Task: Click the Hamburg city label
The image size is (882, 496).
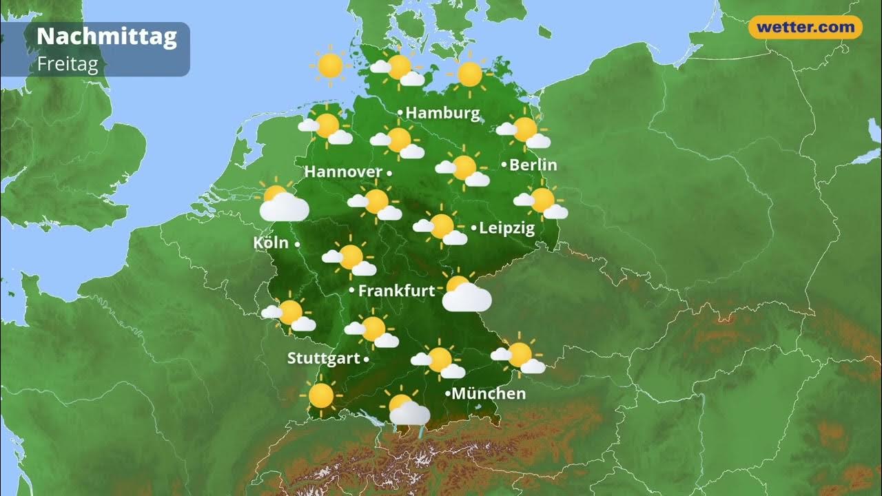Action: pyautogui.click(x=442, y=113)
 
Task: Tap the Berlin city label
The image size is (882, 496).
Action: pyautogui.click(x=533, y=165)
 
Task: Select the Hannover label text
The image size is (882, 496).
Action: pyautogui.click(x=343, y=172)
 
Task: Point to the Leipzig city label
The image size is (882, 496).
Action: pyautogui.click(x=506, y=228)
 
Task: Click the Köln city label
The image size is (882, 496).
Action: pyautogui.click(x=271, y=242)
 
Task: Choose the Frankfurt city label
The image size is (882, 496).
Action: pyautogui.click(x=396, y=291)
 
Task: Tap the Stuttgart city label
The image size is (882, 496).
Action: pyautogui.click(x=323, y=358)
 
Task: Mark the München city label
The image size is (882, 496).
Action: pyautogui.click(x=489, y=393)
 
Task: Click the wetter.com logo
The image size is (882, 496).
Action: pyautogui.click(x=805, y=28)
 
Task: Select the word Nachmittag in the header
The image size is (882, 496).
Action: pyautogui.click(x=107, y=37)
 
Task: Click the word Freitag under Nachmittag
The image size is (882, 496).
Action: pyautogui.click(x=68, y=64)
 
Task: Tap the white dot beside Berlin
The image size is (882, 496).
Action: pyautogui.click(x=504, y=165)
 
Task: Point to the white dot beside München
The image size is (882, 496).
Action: pyautogui.click(x=448, y=393)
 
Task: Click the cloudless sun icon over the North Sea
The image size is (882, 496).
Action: pyautogui.click(x=330, y=65)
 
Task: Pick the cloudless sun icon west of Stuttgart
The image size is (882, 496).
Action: pyautogui.click(x=321, y=395)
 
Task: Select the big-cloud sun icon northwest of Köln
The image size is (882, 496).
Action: pyautogui.click(x=283, y=202)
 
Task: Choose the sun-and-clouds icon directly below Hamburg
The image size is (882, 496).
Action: pyautogui.click(x=398, y=141)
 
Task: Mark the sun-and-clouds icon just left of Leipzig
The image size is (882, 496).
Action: pyautogui.click(x=441, y=228)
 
